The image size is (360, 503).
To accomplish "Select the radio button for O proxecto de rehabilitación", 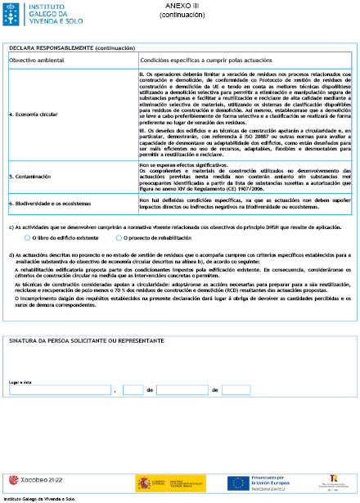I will point(119,237).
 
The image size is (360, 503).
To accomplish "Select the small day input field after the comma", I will point(134,390).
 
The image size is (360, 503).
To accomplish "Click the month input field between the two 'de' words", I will point(182,390).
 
